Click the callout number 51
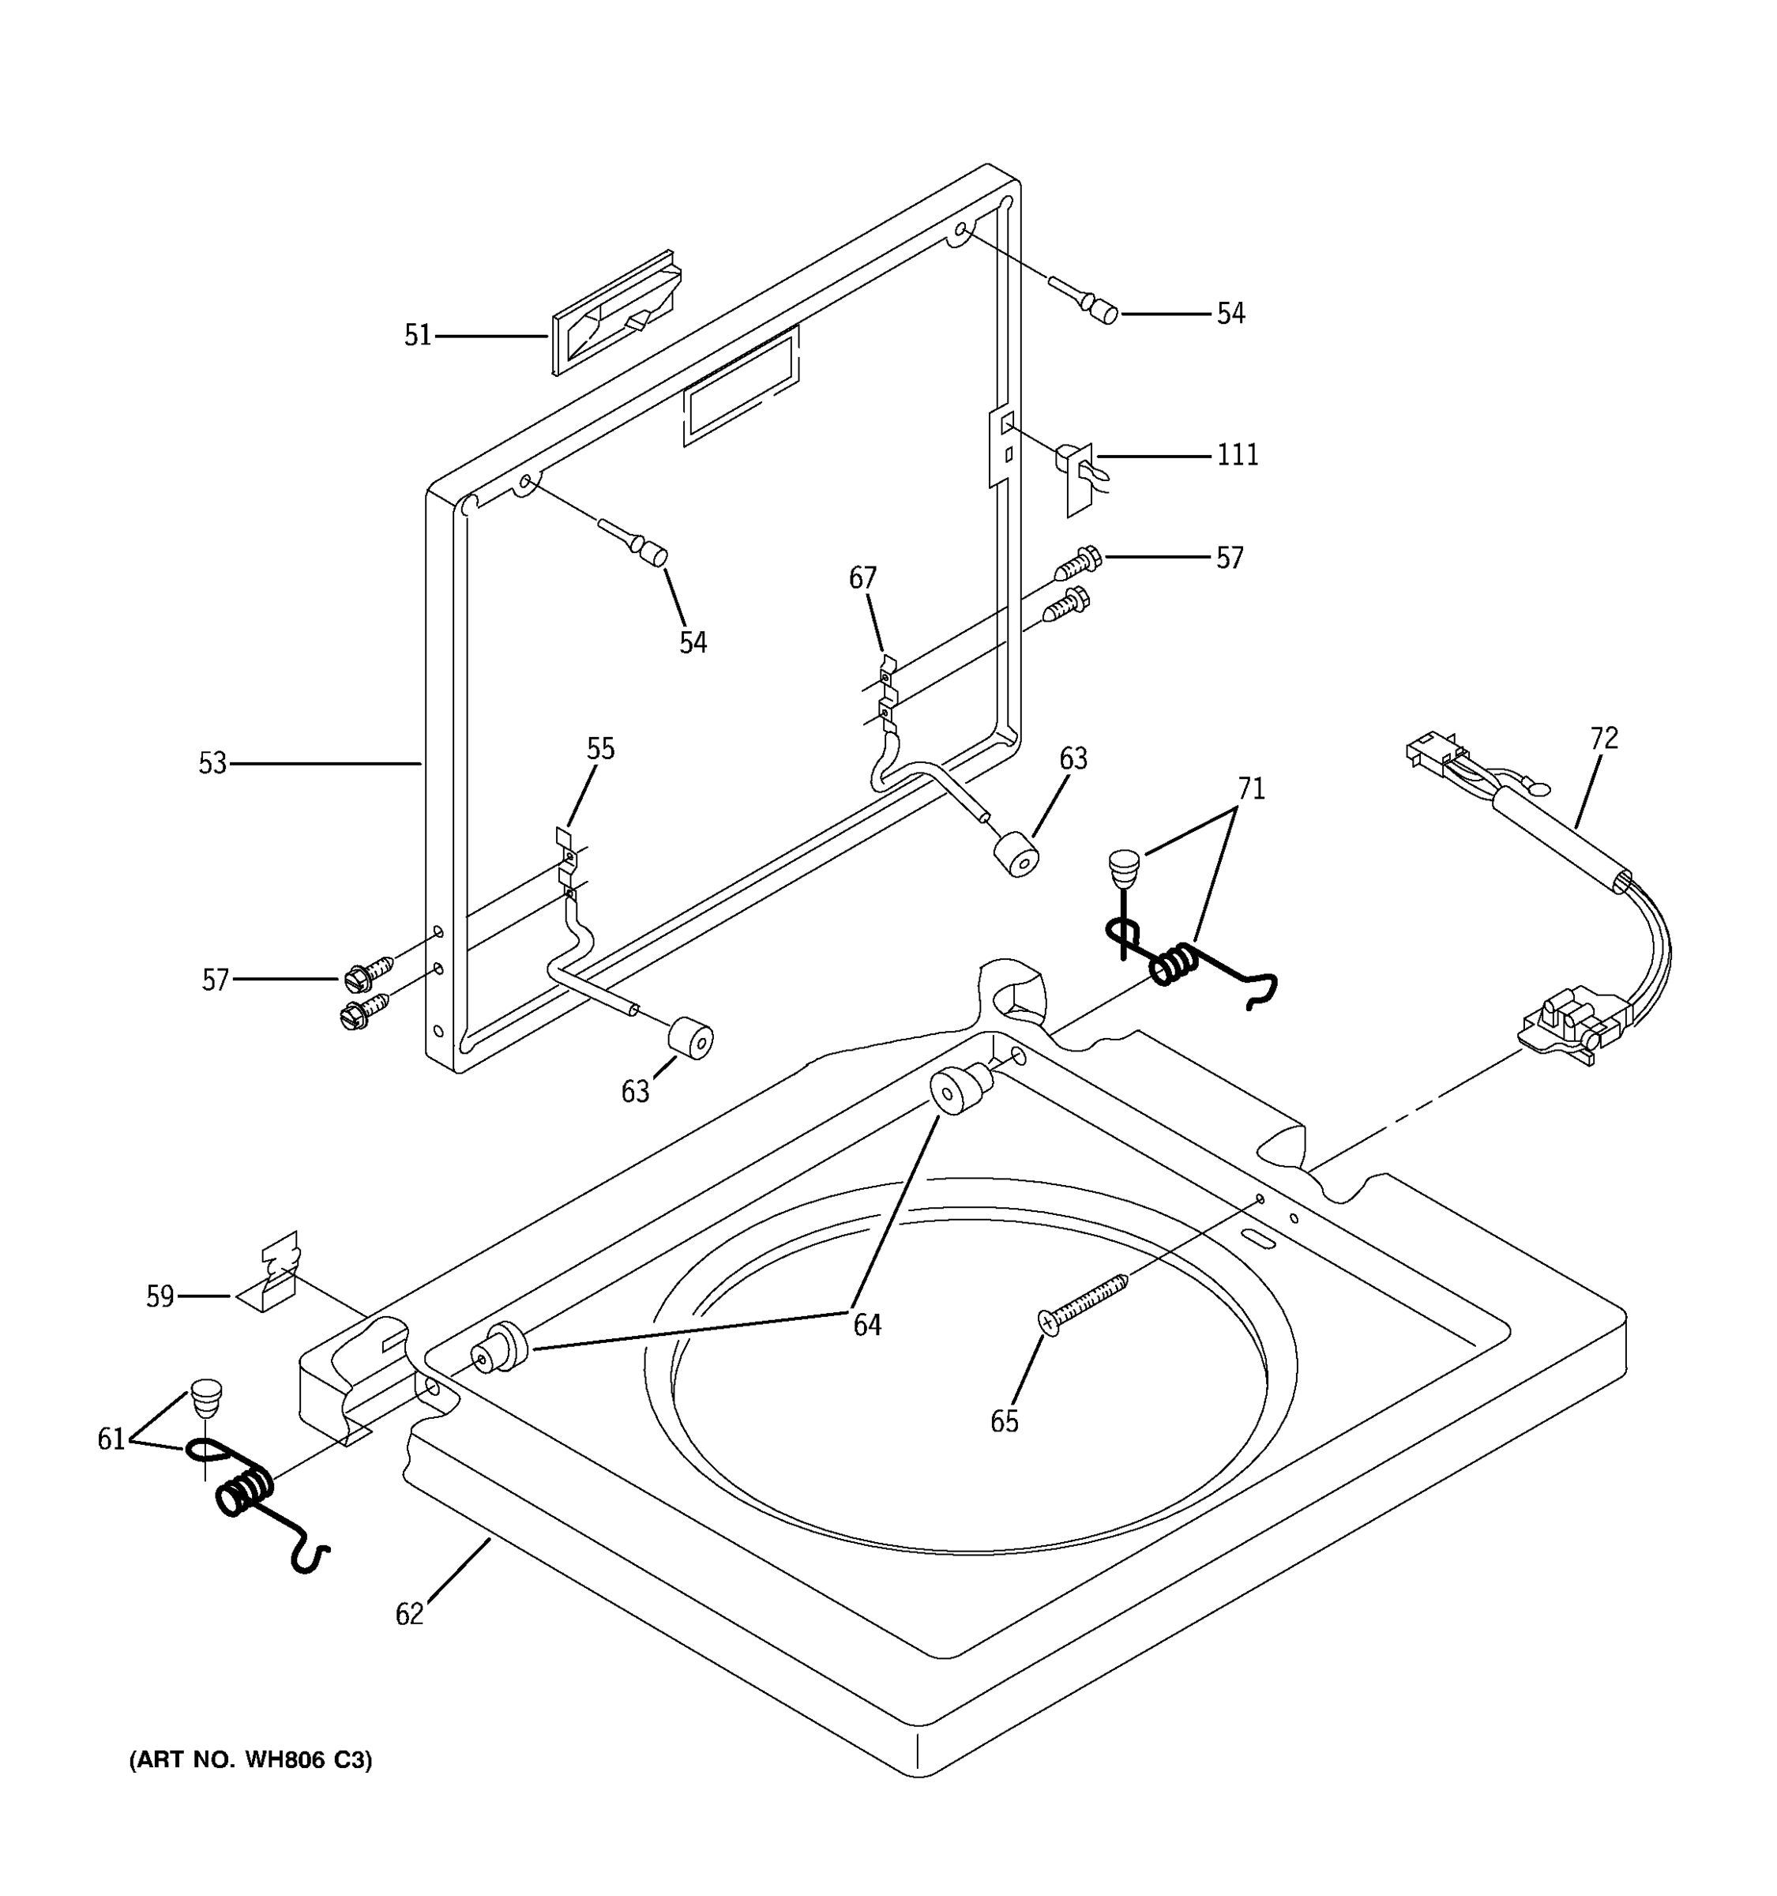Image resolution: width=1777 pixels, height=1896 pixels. tap(418, 336)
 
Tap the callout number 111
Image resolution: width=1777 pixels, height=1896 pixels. tap(1238, 455)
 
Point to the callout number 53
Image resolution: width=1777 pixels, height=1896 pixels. tap(212, 763)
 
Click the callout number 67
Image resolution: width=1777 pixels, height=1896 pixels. tap(862, 578)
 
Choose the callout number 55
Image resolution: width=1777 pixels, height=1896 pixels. tap(600, 749)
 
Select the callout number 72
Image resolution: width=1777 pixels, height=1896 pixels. tap(1605, 738)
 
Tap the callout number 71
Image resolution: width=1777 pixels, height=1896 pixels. tap(1251, 788)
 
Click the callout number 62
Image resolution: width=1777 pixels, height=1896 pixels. tap(409, 1615)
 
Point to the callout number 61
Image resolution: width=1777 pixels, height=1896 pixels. tap(111, 1439)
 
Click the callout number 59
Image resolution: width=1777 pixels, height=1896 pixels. tap(160, 1296)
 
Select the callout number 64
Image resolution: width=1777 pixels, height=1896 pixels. tap(866, 1325)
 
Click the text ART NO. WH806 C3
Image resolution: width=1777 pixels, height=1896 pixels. tap(250, 1759)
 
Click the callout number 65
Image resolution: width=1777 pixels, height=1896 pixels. tap(1004, 1422)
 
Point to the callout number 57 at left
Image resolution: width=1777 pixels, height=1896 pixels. tap(216, 980)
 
